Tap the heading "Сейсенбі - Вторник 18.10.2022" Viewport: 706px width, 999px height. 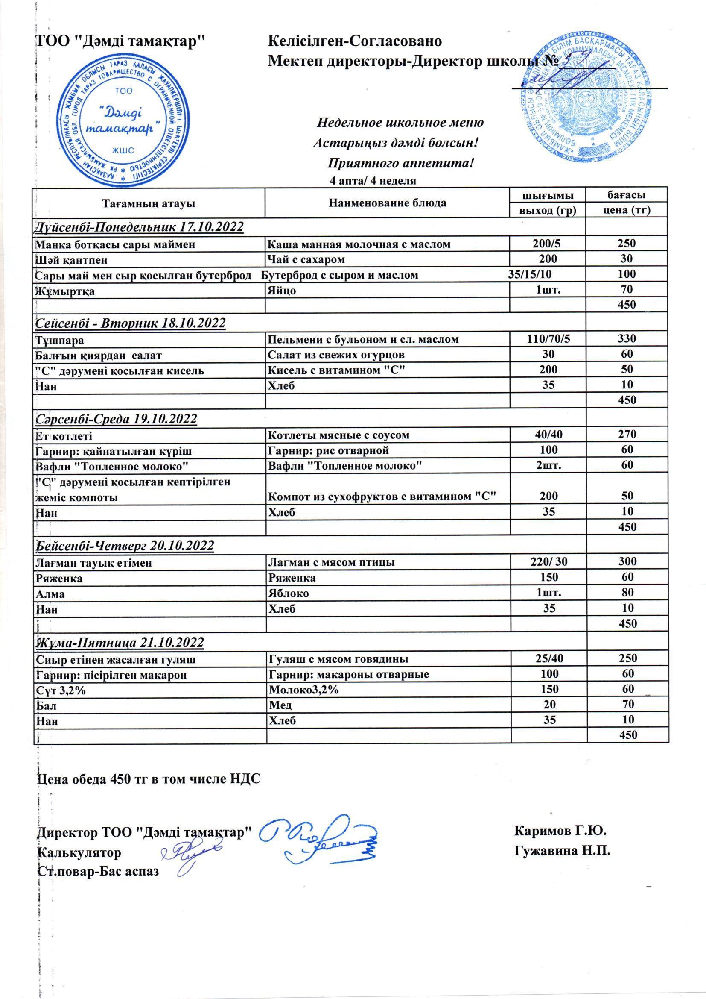(x=130, y=323)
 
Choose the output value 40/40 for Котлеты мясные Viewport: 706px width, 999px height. (x=547, y=435)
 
